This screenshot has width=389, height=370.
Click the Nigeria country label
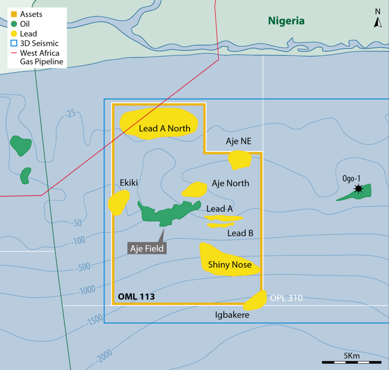(x=286, y=20)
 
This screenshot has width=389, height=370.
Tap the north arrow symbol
(x=378, y=23)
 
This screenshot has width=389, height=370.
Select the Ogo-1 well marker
(x=358, y=188)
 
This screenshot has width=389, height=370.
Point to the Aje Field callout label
(x=147, y=249)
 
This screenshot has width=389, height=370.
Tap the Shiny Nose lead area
(x=228, y=262)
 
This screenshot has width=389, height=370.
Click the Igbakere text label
(x=232, y=315)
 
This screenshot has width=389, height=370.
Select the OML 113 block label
(x=135, y=296)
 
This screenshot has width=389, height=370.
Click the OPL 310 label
(x=287, y=298)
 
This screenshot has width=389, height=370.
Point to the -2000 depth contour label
(x=104, y=354)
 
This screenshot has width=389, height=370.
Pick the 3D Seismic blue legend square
(x=14, y=43)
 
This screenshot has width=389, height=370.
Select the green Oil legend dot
(x=14, y=24)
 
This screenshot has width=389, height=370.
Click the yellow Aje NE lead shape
(x=239, y=160)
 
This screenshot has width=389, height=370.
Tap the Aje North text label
(x=230, y=183)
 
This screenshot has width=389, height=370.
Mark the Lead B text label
(x=240, y=233)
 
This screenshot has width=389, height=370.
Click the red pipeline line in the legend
(x=14, y=53)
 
